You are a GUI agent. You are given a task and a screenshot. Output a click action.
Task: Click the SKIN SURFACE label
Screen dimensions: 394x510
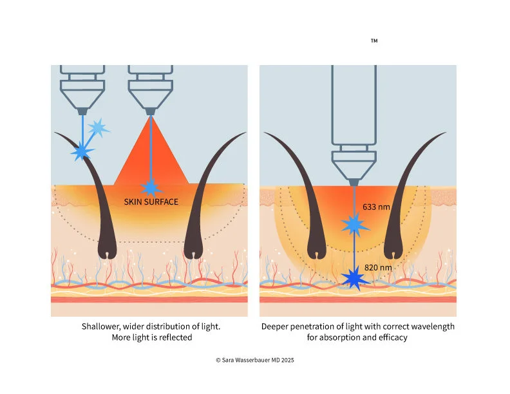pos(151,202)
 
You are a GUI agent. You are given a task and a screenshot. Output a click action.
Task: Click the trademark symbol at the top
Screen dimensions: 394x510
pos(374,41)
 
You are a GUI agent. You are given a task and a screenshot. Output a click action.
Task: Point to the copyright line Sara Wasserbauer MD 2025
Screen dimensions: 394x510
pos(255,361)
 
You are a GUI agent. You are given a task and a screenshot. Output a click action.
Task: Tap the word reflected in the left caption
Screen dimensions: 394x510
pos(175,337)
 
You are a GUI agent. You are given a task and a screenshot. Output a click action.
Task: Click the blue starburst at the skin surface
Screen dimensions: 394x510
pos(151,187)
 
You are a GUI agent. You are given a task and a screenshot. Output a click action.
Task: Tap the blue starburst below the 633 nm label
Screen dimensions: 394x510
pos(354,225)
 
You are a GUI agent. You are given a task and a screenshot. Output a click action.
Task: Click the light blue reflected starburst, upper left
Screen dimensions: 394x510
pos(97,128)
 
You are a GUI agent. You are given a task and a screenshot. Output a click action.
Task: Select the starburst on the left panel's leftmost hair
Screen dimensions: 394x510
pos(82,152)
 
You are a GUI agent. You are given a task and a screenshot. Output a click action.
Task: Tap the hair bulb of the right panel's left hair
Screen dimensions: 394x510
pos(318,250)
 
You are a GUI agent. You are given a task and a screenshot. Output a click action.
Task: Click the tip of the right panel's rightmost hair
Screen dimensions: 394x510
pos(445,133)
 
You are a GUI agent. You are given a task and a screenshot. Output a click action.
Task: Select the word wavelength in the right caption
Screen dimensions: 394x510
pos(412,326)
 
